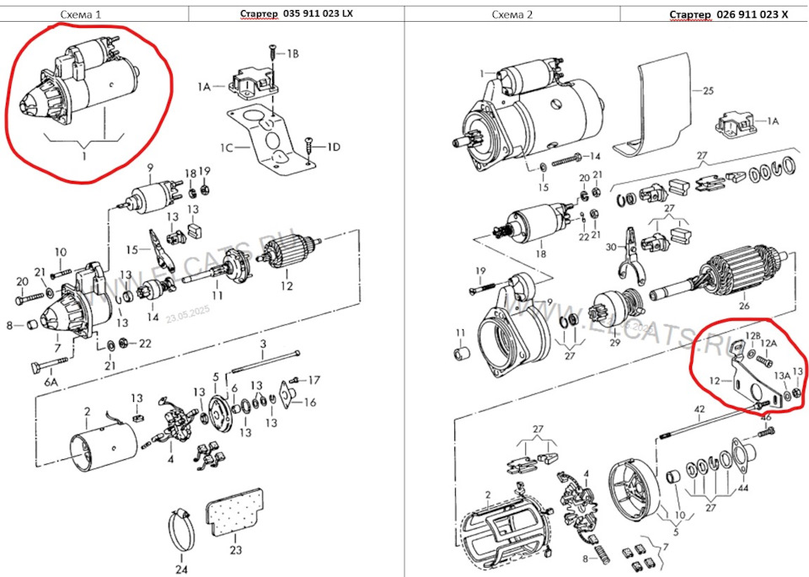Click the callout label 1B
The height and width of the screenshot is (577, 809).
click(292, 53)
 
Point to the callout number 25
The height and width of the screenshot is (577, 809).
click(708, 90)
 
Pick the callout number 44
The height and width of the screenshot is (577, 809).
click(742, 488)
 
